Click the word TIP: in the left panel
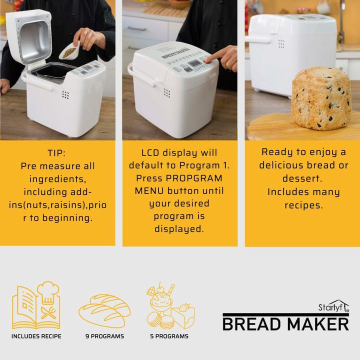(x=56, y=153)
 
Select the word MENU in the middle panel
(x=149, y=191)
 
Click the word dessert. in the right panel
(x=302, y=178)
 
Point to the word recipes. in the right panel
(x=304, y=205)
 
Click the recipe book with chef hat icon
(x=36, y=305)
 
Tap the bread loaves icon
(x=104, y=310)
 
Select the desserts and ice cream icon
(x=170, y=305)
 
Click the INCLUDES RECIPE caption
(x=36, y=336)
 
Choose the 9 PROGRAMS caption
(x=104, y=336)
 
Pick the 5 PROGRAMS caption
(x=169, y=336)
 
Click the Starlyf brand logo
(x=333, y=306)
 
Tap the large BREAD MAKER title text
(x=286, y=324)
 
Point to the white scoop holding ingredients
(x=69, y=50)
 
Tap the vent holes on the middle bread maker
(x=167, y=93)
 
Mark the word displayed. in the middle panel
(x=179, y=229)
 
